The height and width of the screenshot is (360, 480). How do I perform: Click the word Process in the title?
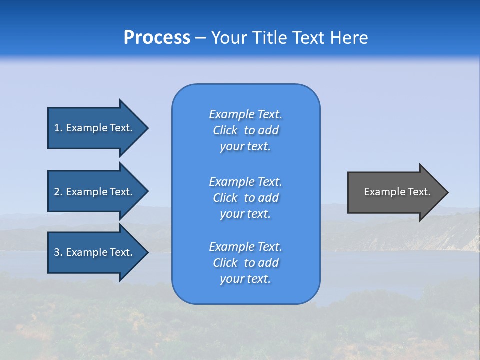[x=157, y=38]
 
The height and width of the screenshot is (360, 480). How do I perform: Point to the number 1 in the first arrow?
[x=57, y=128]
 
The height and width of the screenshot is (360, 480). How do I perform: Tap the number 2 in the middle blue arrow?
[x=57, y=192]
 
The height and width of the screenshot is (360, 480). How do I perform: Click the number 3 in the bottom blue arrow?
[x=57, y=252]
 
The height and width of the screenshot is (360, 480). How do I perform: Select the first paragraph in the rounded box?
[x=245, y=130]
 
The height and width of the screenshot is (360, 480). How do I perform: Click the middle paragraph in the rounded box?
[x=245, y=198]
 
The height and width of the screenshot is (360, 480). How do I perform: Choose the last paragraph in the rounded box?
[x=245, y=263]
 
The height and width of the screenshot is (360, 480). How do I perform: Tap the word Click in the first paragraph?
[x=225, y=130]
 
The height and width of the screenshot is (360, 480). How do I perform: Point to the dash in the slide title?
[x=201, y=38]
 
